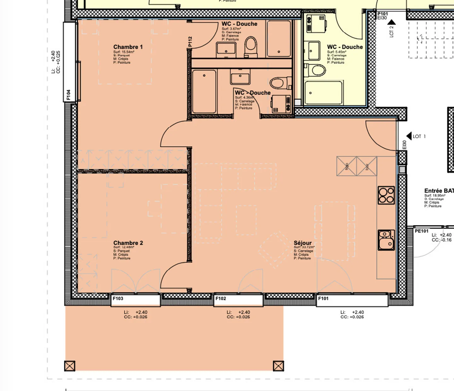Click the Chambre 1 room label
(128, 47)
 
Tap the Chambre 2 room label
(128, 243)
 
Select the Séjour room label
(302, 243)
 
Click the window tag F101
(323, 298)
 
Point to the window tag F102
(221, 298)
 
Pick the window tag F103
(118, 298)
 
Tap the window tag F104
(68, 95)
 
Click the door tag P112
(190, 42)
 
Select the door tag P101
(382, 14)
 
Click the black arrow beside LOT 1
(409, 136)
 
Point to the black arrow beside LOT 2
(391, 22)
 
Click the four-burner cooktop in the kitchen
(386, 195)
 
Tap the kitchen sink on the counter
(386, 240)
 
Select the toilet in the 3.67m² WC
(251, 46)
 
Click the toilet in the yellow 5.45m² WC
(315, 70)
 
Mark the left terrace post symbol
(70, 366)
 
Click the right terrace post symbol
(278, 366)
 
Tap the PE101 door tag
(422, 231)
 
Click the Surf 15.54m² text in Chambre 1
(124, 52)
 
